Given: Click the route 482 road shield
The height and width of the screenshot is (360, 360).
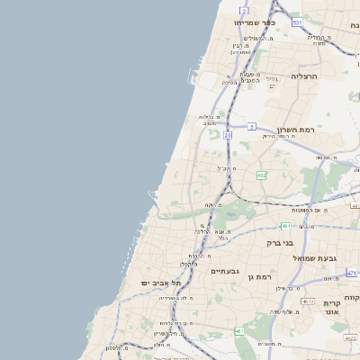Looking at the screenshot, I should point(260,175).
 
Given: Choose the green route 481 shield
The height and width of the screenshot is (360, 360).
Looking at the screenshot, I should point(284,226).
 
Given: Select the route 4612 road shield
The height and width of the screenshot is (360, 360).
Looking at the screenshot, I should point(308,301).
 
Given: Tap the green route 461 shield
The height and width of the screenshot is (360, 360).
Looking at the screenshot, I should point(239,331).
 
